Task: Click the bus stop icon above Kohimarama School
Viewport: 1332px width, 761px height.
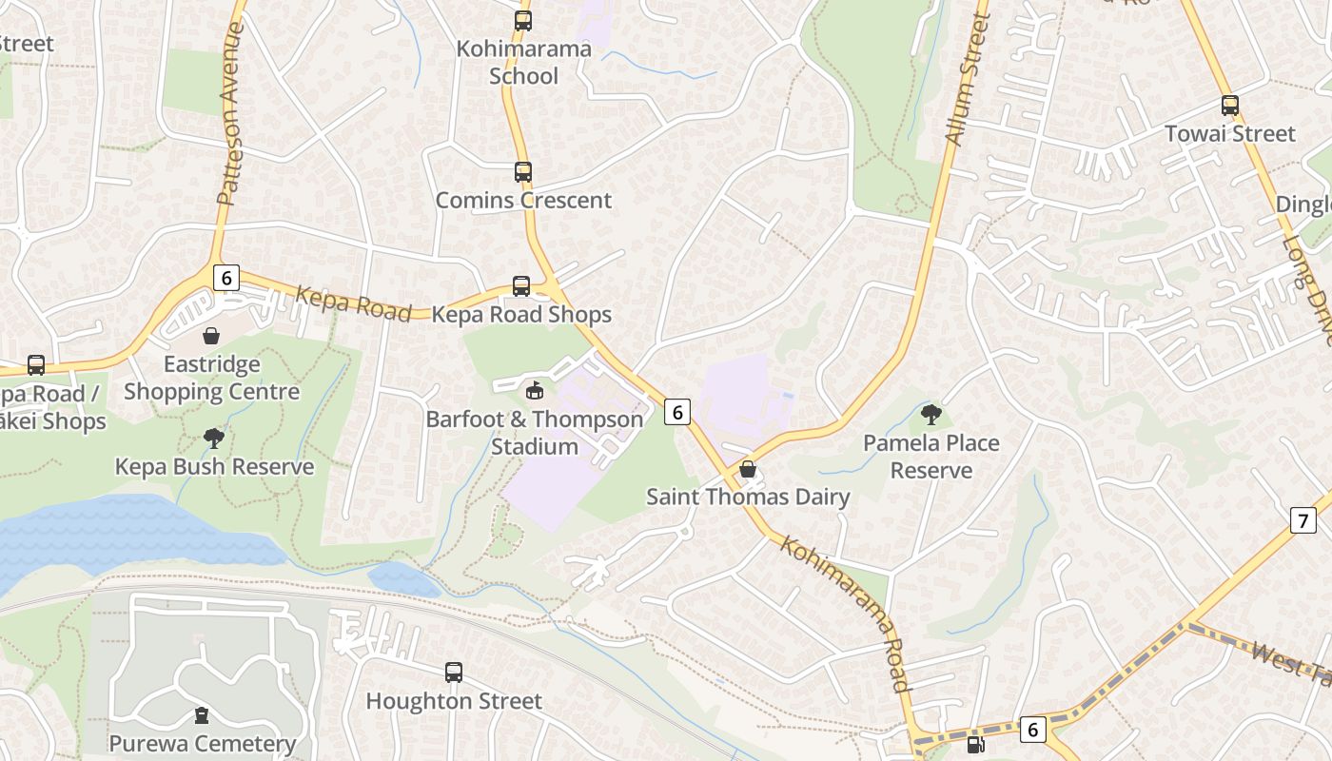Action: pyautogui.click(x=522, y=20)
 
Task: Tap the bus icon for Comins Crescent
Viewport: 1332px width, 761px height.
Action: pyautogui.click(x=522, y=172)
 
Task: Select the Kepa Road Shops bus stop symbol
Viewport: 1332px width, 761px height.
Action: pyautogui.click(x=521, y=286)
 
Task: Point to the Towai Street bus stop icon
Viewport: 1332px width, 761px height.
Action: pyautogui.click(x=1230, y=106)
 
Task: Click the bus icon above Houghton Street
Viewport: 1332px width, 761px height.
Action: pyautogui.click(x=454, y=673)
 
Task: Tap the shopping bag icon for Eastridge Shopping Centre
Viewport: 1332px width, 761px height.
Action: pyautogui.click(x=211, y=336)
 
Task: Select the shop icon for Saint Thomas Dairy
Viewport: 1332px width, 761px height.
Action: pyautogui.click(x=748, y=469)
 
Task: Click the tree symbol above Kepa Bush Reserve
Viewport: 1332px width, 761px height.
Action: pyautogui.click(x=214, y=439)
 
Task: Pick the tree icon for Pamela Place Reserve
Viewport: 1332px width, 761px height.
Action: pyautogui.click(x=930, y=415)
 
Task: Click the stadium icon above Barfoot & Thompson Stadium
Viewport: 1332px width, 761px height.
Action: pyautogui.click(x=535, y=390)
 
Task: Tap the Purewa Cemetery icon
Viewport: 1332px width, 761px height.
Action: pyautogui.click(x=202, y=715)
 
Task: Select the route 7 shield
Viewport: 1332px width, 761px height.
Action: pyautogui.click(x=1303, y=520)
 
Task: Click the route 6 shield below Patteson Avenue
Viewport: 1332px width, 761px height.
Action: pyautogui.click(x=225, y=278)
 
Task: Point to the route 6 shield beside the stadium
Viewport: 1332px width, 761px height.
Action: pyautogui.click(x=676, y=412)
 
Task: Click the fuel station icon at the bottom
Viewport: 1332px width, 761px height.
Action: pyautogui.click(x=975, y=745)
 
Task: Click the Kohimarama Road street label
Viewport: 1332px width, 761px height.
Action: pyautogui.click(x=846, y=614)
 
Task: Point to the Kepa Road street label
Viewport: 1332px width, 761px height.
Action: pyautogui.click(x=353, y=303)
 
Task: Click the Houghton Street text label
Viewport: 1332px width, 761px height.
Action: pyautogui.click(x=454, y=701)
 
